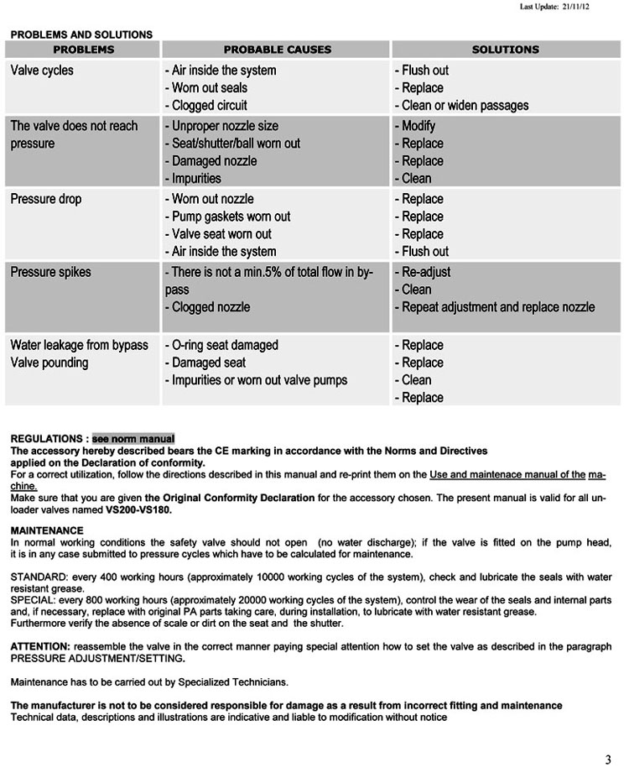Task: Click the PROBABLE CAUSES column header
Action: pyautogui.click(x=277, y=50)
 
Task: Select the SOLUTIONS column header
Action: pyautogui.click(x=505, y=50)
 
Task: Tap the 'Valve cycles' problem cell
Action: pyautogui.click(x=42, y=70)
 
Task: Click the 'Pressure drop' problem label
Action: pyautogui.click(x=46, y=199)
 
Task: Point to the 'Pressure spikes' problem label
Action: pyautogui.click(x=51, y=272)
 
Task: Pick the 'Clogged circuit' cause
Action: pyautogui.click(x=209, y=106)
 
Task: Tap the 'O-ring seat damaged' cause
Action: pyautogui.click(x=224, y=345)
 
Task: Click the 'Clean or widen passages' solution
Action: pyautogui.click(x=465, y=106)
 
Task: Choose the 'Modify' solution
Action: pyautogui.click(x=418, y=126)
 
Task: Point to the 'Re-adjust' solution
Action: pyautogui.click(x=425, y=272)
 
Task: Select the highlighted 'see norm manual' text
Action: pyautogui.click(x=133, y=438)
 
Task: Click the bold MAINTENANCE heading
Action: pyautogui.click(x=47, y=530)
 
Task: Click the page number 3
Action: pyautogui.click(x=608, y=760)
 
